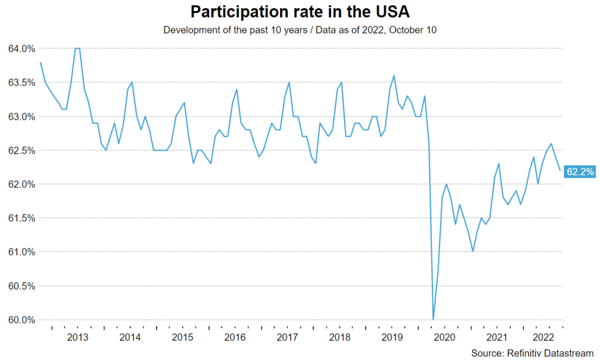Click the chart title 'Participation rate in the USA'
click(x=299, y=12)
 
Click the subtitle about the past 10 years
click(x=299, y=30)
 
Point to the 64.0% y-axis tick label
click(x=21, y=48)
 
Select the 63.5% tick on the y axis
click(x=21, y=82)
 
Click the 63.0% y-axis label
click(x=21, y=116)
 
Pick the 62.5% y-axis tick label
click(x=21, y=150)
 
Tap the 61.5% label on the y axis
click(x=21, y=218)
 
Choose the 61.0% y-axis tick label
click(x=21, y=252)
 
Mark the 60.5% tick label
click(x=21, y=286)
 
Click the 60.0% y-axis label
click(x=21, y=320)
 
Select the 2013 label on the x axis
click(x=78, y=337)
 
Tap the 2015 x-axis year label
click(x=183, y=337)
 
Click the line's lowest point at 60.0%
click(x=434, y=320)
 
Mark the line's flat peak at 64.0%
click(x=77, y=48)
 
